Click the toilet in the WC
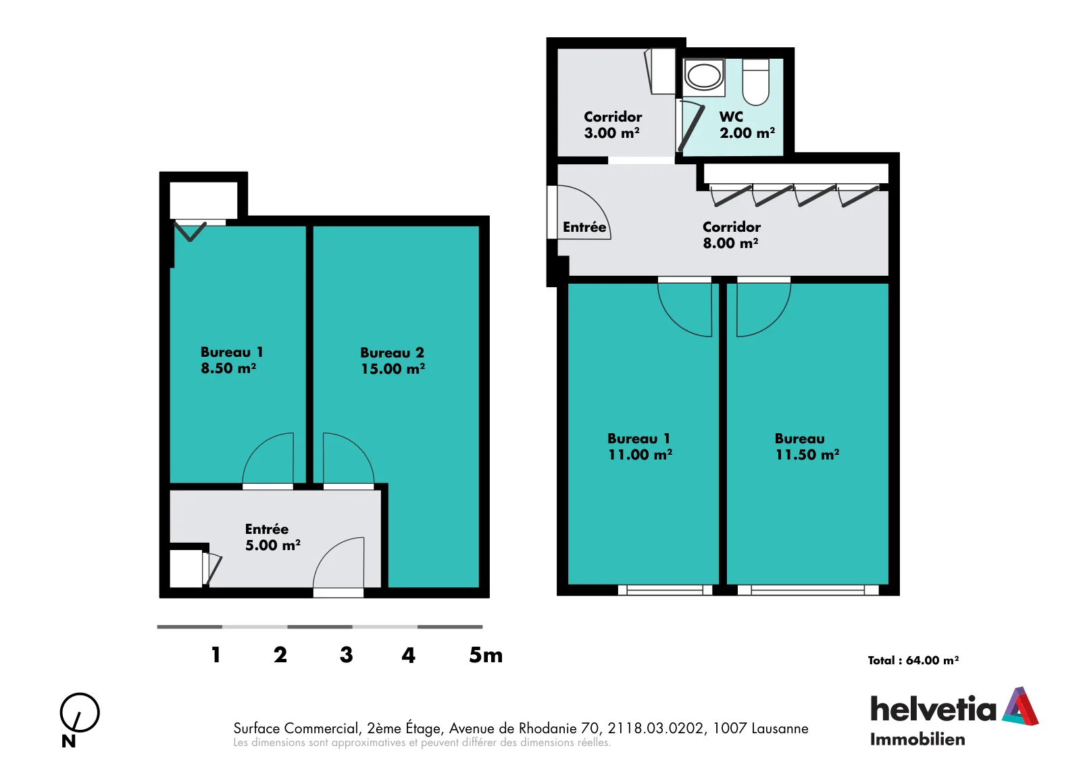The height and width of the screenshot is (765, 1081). pos(755,82)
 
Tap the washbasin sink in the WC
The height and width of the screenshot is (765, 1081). pos(704,75)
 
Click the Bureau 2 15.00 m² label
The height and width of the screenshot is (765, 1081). pos(393,361)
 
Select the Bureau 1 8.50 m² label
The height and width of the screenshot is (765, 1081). pos(232,360)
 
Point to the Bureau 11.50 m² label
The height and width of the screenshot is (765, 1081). pos(807,447)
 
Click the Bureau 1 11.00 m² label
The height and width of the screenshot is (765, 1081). pos(640,447)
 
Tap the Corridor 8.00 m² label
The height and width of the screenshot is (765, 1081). pos(731,235)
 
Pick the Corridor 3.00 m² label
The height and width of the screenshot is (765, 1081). pos(612,124)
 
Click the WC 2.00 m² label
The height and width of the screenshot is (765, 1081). pos(747,124)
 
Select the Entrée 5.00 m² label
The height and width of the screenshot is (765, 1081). pos(273,537)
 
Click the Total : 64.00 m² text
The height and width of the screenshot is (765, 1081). pos(913,660)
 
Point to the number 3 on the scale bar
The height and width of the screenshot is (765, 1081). pos(346,655)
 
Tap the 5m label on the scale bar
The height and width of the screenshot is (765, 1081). pos(486,655)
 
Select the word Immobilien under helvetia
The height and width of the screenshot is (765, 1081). pos(917,739)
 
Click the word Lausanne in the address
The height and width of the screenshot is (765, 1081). pos(780,728)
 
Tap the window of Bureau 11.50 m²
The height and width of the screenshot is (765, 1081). pos(808,590)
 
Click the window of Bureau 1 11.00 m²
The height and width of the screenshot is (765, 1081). pos(665,590)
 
